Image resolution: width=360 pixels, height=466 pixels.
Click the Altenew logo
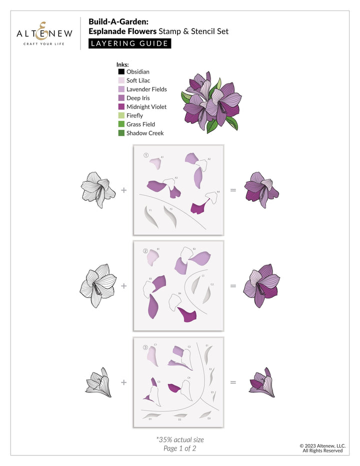(44, 33)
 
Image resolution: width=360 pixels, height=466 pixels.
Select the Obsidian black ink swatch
(121, 71)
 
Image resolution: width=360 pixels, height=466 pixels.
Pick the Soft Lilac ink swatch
(121, 80)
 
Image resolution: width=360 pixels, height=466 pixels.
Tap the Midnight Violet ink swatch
(121, 106)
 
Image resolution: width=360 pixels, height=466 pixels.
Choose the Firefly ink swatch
(121, 115)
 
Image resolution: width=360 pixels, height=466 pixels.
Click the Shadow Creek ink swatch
(121, 133)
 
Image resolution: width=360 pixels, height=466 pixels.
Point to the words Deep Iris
(137, 98)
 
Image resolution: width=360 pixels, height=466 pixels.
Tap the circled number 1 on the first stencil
(146, 155)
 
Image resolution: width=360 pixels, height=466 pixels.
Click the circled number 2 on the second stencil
(145, 251)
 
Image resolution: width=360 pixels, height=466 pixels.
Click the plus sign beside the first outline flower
(123, 190)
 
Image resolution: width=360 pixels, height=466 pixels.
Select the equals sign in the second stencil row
(232, 286)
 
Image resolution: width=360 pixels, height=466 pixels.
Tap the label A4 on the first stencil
(218, 191)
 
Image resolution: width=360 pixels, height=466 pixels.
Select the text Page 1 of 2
(180, 448)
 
